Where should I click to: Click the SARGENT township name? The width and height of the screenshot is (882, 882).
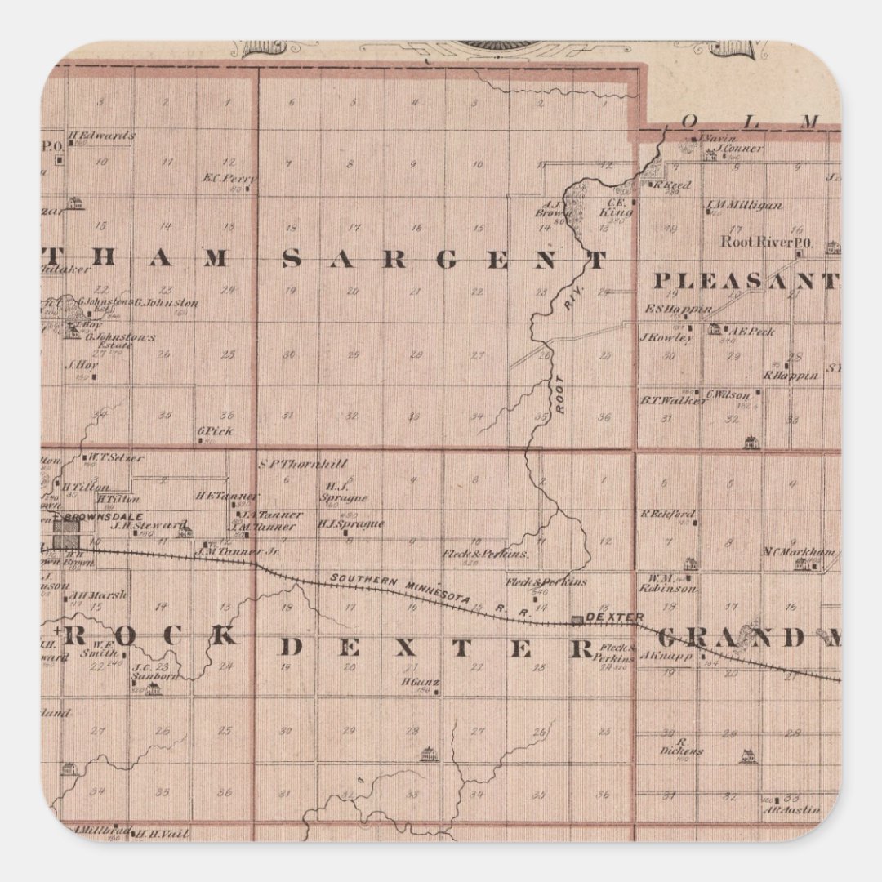[x=445, y=260]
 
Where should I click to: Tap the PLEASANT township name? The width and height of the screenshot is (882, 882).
[x=746, y=282]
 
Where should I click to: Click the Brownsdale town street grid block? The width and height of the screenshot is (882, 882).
[x=67, y=536]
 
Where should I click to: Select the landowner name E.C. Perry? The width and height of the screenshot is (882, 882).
[x=229, y=179]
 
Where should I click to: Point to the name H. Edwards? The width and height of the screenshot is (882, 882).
[x=101, y=136]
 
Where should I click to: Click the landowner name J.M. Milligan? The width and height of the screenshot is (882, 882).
[x=744, y=205]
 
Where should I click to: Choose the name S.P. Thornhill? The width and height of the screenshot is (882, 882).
[x=302, y=464]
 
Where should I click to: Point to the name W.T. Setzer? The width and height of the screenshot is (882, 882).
[x=115, y=457]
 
